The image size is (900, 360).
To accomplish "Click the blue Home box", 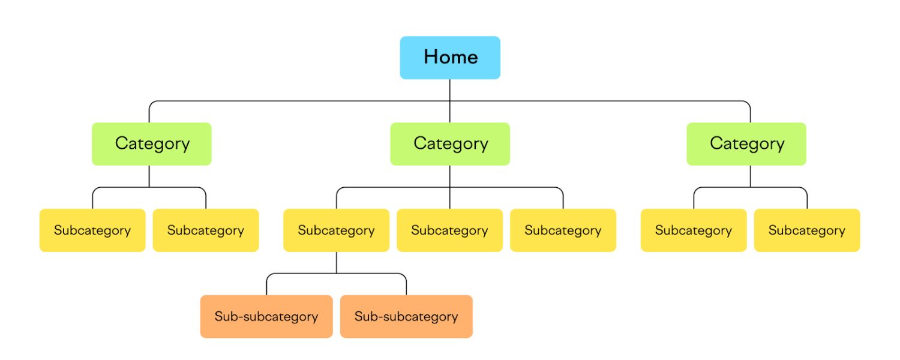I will pos(450,58).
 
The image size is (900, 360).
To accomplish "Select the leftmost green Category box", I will pos(152,144).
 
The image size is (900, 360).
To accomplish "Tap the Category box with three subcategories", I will pos(450,144).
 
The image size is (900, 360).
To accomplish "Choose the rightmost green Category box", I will pos(746,144).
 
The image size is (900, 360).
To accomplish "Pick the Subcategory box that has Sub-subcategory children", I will pos(336,230).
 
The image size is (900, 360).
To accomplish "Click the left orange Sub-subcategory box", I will pos(266,317).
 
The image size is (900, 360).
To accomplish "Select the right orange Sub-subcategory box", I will pos(406,317).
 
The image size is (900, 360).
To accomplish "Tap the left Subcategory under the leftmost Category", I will pos(92,230).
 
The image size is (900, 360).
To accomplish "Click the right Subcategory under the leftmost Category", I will pos(206,230).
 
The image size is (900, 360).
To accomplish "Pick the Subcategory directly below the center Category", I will pos(449,230).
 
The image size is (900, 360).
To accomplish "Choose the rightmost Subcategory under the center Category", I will pos(563,230).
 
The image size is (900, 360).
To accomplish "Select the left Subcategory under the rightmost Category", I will pos(694,230).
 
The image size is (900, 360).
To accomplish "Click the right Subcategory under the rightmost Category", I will pos(807,230).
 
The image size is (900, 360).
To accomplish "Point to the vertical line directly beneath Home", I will pos(450,90).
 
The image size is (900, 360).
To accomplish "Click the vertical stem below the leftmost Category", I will pos(149,176).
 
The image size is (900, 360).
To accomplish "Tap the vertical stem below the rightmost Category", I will pos(750,176).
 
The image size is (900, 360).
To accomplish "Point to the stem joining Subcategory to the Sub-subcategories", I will pos(336,262).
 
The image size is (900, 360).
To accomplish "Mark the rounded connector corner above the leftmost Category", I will pos(151,103).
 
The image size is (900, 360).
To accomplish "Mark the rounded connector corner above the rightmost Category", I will pos(748,103).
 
